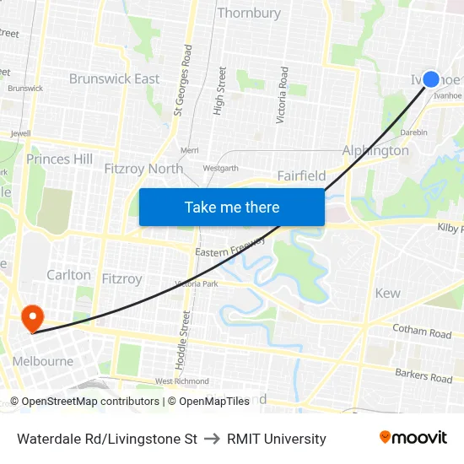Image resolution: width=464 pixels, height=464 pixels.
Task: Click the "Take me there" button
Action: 232,207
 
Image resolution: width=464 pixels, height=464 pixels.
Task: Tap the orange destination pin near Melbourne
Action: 32,318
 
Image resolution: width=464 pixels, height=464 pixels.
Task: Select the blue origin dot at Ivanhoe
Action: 430,79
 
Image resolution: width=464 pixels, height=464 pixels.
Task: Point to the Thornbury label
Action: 249,13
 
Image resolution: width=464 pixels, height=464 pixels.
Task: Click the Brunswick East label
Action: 114,79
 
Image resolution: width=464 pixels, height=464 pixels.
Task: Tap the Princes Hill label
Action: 59,159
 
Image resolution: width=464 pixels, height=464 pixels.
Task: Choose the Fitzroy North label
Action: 143,169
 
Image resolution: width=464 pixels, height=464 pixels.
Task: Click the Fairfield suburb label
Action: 301,175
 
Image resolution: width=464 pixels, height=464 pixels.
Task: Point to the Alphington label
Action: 375,150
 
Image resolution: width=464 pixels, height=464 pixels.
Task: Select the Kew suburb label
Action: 387,293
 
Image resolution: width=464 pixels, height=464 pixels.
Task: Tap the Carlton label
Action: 68,275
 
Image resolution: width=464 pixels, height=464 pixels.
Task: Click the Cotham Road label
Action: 422,332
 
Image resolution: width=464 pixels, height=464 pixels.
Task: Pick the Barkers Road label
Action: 424,375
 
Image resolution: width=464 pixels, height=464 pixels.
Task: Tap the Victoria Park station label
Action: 197,284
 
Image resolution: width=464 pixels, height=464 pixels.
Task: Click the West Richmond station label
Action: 181,381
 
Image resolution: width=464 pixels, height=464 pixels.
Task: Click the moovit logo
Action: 413,438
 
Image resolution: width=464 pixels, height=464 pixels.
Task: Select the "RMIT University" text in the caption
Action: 276,439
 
